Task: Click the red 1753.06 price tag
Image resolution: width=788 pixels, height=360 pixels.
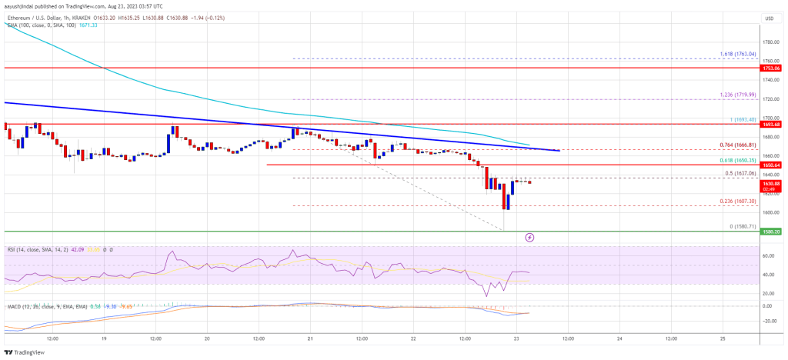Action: [x=771, y=68]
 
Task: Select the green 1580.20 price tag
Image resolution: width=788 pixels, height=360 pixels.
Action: [x=771, y=231]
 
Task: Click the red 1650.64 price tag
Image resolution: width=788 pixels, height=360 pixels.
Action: [x=771, y=165]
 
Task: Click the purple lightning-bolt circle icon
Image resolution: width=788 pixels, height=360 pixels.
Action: [x=529, y=238]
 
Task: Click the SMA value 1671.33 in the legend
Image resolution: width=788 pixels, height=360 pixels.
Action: [x=80, y=25]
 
